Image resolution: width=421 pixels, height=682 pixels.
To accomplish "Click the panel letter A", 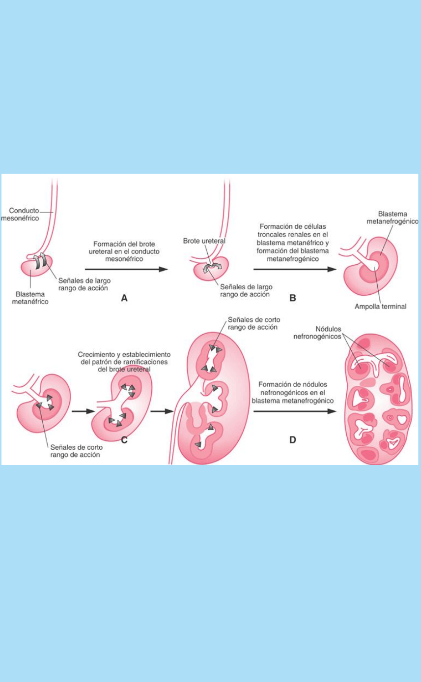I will coord(124,298).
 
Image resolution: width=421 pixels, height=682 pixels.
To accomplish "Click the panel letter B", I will coord(292,298).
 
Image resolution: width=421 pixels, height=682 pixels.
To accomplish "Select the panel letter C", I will coord(124,439).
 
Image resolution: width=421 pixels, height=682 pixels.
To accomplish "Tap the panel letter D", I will coord(292,439).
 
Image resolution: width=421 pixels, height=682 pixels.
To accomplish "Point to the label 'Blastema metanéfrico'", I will coord(30,298).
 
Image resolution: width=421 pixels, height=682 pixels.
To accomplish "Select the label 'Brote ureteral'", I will coord(204,241).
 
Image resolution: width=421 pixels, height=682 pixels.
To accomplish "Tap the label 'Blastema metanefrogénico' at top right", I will coord(391,218).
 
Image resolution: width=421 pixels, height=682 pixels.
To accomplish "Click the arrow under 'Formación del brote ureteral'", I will coord(126,269).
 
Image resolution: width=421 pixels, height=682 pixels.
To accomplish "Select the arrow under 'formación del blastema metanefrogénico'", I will coord(295,269).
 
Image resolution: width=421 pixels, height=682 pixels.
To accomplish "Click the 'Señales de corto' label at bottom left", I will coord(74,451).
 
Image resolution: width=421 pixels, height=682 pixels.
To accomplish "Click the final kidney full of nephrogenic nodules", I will coord(377,400).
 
